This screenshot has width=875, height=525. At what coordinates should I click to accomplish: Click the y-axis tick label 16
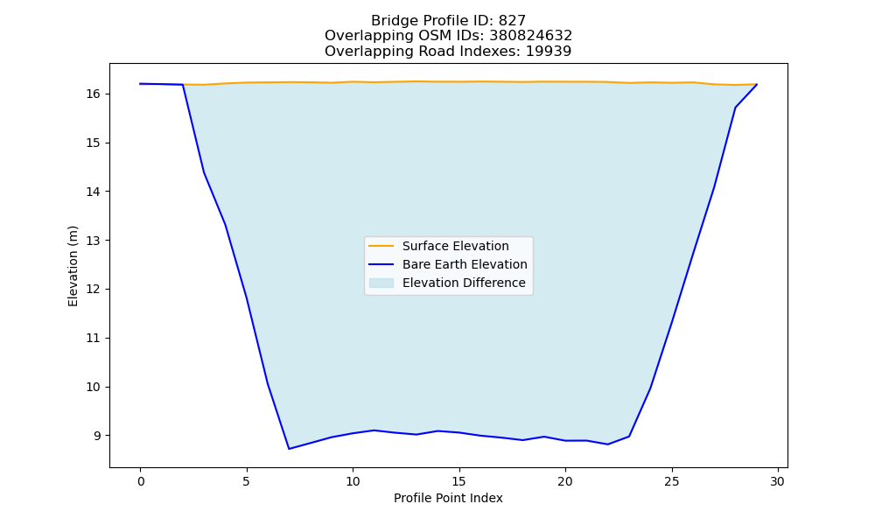[x=93, y=94]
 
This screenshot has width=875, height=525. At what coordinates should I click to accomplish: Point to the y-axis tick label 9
[x=96, y=436]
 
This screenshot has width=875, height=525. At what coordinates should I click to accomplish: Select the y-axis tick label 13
[x=93, y=241]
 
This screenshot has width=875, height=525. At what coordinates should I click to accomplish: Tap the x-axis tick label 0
[x=141, y=481]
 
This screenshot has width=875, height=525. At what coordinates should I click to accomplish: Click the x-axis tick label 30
[x=778, y=481]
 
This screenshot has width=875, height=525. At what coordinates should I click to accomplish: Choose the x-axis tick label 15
[x=459, y=481]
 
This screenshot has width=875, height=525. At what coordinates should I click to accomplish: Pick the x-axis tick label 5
[x=247, y=481]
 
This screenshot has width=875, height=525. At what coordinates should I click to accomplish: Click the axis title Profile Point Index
[x=448, y=498]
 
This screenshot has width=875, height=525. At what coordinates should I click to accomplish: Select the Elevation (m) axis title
[x=73, y=266]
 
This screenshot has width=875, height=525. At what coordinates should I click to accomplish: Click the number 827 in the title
[x=512, y=21]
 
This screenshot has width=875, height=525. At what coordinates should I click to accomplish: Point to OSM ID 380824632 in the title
[x=531, y=36]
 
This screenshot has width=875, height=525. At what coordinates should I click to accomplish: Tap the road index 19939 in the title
[x=549, y=52]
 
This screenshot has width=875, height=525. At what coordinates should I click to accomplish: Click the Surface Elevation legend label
[x=455, y=246]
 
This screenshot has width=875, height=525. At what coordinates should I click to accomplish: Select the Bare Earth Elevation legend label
[x=465, y=264]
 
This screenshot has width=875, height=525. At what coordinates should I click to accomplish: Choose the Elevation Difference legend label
[x=464, y=283]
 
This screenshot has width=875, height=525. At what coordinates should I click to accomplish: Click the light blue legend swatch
[x=381, y=283]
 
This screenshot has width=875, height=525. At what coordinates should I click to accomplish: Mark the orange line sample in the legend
[x=381, y=246]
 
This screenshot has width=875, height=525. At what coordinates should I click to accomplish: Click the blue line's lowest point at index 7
[x=289, y=449]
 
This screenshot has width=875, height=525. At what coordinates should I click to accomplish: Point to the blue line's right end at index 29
[x=757, y=84]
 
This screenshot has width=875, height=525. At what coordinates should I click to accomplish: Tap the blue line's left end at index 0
[x=140, y=84]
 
